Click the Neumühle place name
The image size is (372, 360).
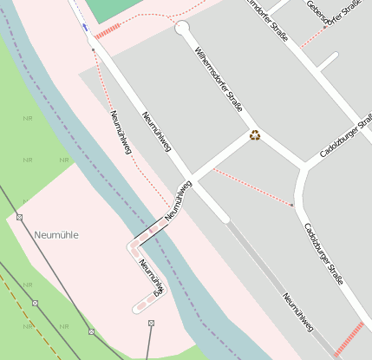click(x=56, y=235)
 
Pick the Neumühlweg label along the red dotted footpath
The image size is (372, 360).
click(x=121, y=133)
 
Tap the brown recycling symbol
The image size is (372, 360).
click(x=255, y=134)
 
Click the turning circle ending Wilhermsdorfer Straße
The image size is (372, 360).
click(x=182, y=29)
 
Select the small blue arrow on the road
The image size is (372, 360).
click(x=85, y=27)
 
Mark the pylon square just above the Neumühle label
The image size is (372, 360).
click(x=19, y=217)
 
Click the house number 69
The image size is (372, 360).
click(x=157, y=296)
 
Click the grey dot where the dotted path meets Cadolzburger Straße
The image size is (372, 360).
click(x=293, y=206)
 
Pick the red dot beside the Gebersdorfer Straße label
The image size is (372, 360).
click(x=324, y=27)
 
